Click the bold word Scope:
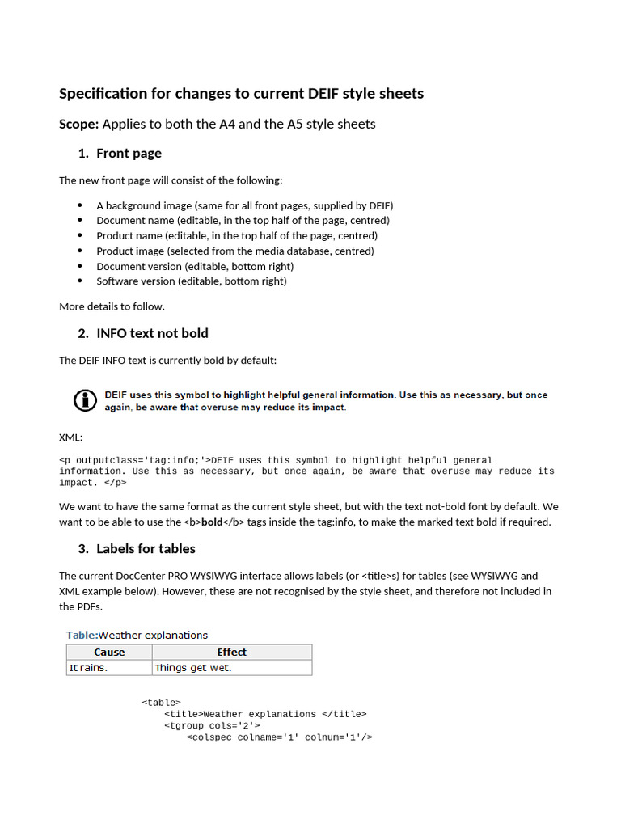coord(78,124)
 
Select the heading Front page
coord(129,154)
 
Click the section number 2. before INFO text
coord(83,333)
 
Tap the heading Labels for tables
coord(146,548)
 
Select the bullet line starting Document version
coord(195,266)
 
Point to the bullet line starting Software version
coord(192,281)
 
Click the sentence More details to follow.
coord(112,306)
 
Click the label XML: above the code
coord(70,437)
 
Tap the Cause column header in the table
coord(109,653)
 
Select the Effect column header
coord(231,653)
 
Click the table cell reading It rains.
coord(88,668)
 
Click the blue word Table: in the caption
coord(82,635)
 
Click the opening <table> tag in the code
coord(161,703)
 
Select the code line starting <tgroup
coord(212,725)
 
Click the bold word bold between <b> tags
coord(212,522)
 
